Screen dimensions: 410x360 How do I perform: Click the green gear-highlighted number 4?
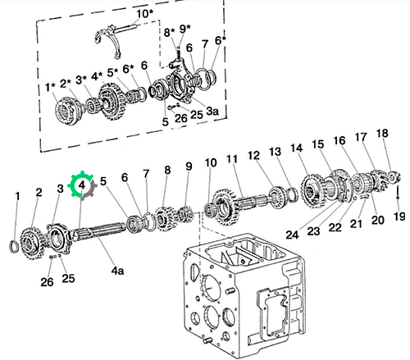pos(82,185)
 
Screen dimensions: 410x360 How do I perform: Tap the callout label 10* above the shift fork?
pos(145,14)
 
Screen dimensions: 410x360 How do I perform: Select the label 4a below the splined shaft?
pos(117,271)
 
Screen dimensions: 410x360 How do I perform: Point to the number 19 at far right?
pos(399,216)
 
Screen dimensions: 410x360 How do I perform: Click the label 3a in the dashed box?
pos(212,111)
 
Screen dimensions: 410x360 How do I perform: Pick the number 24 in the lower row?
pos(292,235)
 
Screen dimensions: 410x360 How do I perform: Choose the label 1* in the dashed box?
pos(50,87)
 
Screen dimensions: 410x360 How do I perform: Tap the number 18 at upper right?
pos(382,134)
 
